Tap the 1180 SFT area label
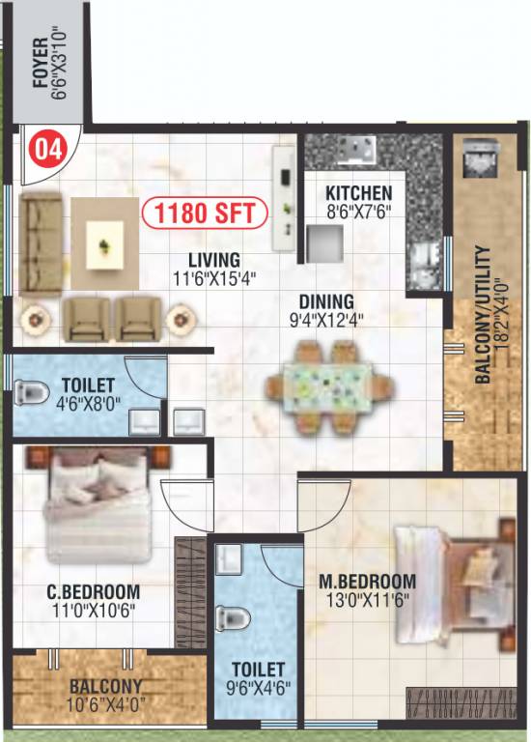pos(204,212)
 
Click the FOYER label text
pos(40,62)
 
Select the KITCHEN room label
pos(358,192)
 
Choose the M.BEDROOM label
pos(367,582)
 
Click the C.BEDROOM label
pos(94,591)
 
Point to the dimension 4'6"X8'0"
pos(87,404)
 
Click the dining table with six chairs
pos(330,385)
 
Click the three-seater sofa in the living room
pos(40,242)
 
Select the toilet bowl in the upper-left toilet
pos(33,392)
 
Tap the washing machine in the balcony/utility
pos(479,158)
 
